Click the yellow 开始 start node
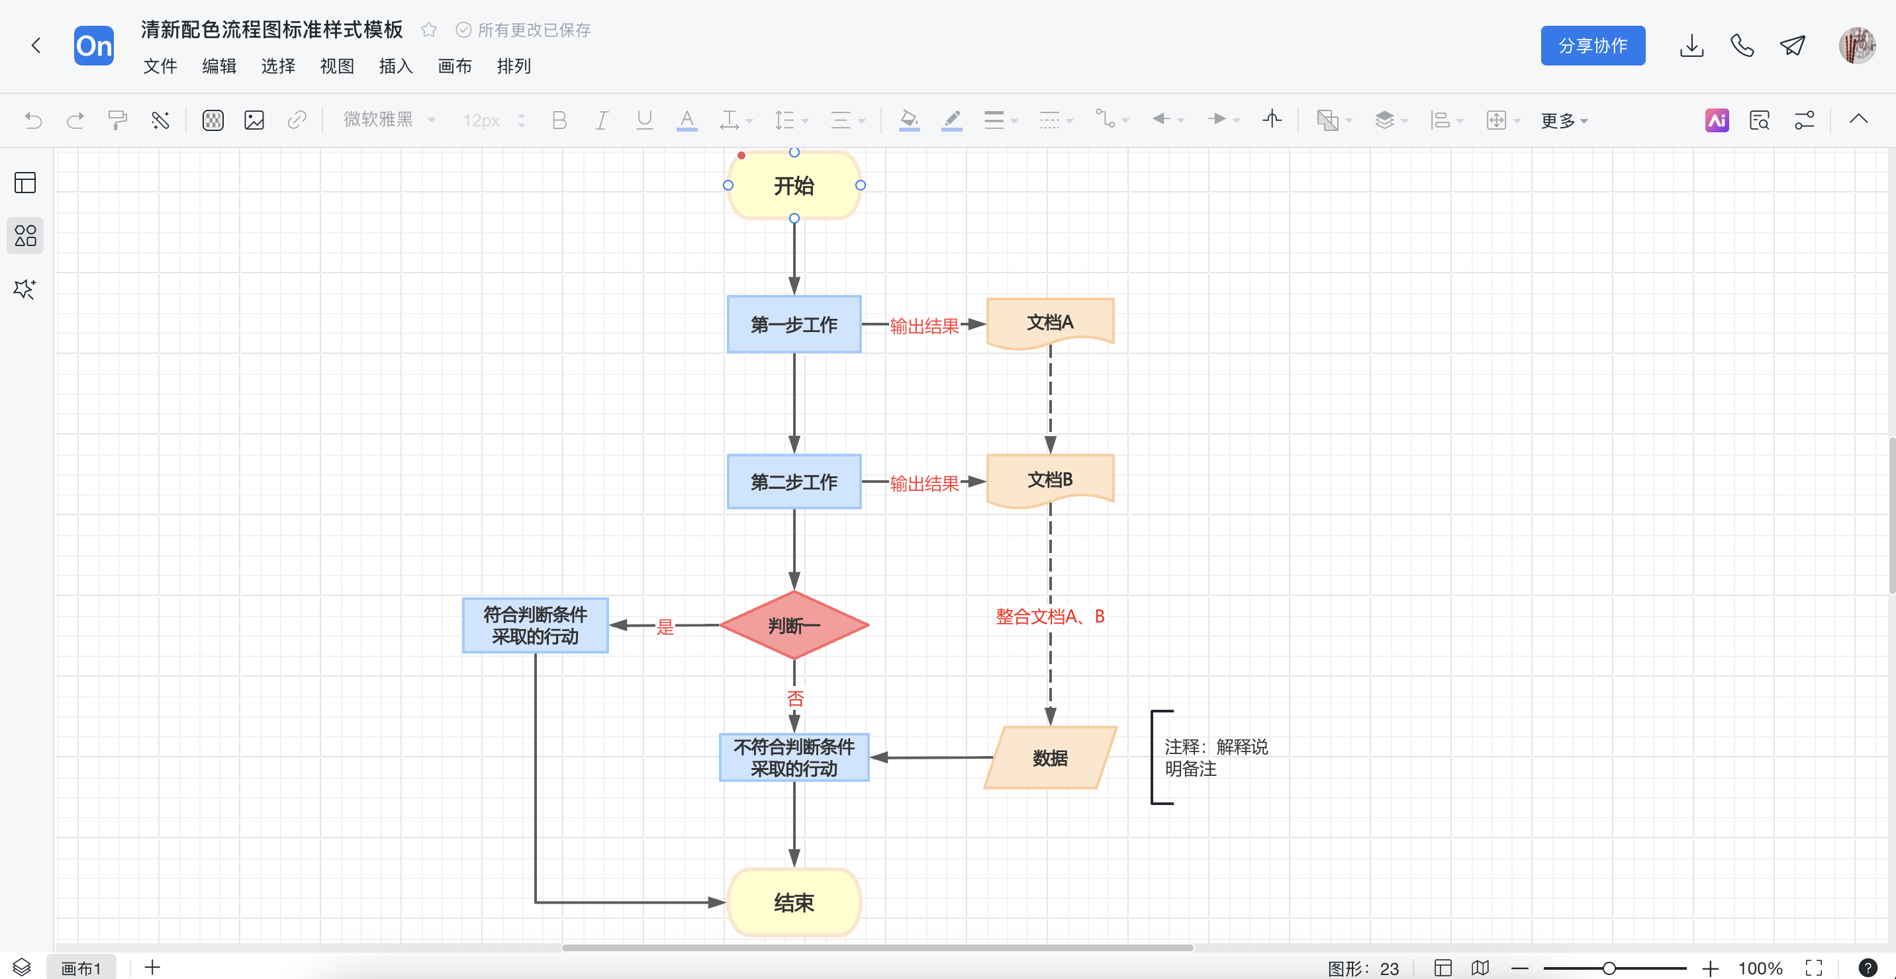(794, 185)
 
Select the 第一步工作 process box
(794, 324)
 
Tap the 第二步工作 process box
(794, 482)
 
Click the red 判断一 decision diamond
(794, 625)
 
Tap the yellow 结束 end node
(794, 902)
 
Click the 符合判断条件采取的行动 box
(535, 625)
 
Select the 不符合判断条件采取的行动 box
(794, 757)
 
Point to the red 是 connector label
(665, 626)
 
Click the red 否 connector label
(795, 698)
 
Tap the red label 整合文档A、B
(1049, 617)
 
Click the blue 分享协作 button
(1592, 46)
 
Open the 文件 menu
(160, 66)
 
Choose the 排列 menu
(513, 66)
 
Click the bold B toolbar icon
(559, 120)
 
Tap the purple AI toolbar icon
(1717, 120)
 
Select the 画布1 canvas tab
(81, 968)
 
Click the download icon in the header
(1691, 46)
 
